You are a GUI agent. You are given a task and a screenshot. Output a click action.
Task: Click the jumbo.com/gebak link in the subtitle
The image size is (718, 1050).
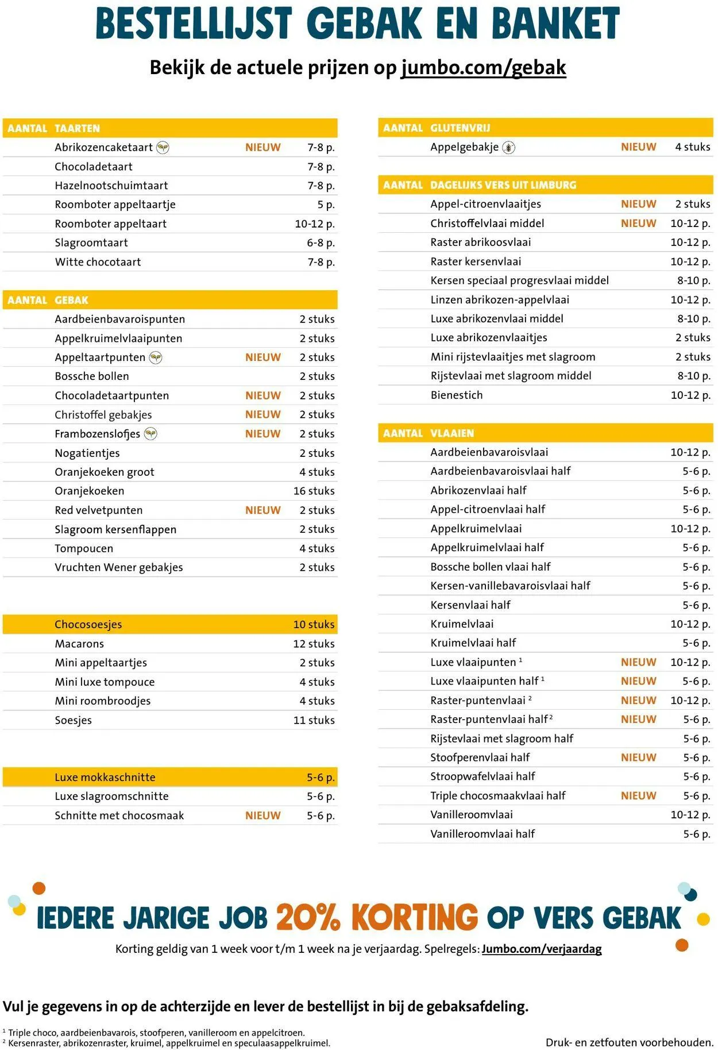tap(484, 68)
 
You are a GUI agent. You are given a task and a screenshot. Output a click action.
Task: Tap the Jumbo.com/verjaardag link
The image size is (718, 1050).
tap(541, 948)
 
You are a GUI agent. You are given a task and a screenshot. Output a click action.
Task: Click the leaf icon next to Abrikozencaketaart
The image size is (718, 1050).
tap(163, 148)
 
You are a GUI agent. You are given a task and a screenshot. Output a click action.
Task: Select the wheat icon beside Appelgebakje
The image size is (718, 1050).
tap(508, 148)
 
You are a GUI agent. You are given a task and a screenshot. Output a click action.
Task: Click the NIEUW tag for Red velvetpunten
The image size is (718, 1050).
tap(263, 510)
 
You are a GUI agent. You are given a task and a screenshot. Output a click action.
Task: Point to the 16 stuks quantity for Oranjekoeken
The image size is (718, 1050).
tap(314, 491)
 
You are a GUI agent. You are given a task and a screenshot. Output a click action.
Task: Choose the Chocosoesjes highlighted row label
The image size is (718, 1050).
tap(88, 624)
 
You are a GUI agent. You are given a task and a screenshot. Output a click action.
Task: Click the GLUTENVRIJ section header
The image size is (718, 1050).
tap(460, 128)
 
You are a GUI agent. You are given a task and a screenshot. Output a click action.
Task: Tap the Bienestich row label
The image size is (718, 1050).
tap(456, 395)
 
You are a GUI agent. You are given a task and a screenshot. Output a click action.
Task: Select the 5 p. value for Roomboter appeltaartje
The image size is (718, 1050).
tap(326, 205)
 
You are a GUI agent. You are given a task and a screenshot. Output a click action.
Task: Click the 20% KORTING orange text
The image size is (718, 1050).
tap(376, 917)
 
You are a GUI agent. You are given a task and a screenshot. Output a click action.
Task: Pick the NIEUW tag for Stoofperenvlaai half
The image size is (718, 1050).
tap(638, 757)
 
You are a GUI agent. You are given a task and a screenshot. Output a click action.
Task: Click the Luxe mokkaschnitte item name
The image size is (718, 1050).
tap(105, 777)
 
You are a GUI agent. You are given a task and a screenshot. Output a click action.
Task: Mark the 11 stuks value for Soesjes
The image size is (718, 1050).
tap(314, 720)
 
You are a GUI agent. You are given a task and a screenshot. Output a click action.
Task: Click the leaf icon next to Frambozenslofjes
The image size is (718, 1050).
tap(150, 434)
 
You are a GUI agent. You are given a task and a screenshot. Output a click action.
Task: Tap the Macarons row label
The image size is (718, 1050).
tap(79, 644)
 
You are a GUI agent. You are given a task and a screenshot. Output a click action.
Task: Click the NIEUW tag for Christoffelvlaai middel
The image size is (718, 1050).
tap(638, 223)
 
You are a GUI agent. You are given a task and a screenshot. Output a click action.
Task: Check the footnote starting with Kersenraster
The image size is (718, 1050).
tap(169, 1043)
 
